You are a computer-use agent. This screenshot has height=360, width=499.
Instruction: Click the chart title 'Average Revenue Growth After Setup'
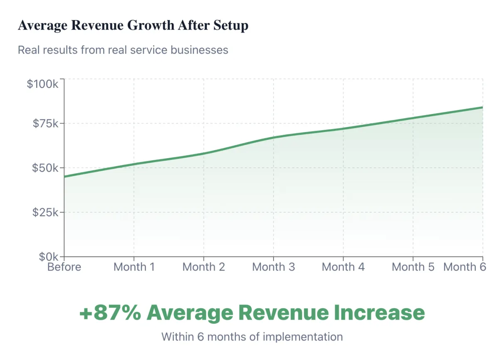click(x=133, y=25)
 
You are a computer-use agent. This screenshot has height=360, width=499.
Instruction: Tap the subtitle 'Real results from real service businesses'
click(x=123, y=50)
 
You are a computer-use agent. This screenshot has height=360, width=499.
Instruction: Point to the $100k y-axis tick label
click(x=43, y=84)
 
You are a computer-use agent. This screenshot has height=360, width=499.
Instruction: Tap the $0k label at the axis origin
click(x=49, y=256)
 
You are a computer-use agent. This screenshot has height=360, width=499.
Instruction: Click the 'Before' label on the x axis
click(x=64, y=267)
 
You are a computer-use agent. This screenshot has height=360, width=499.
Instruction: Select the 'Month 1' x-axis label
click(x=134, y=267)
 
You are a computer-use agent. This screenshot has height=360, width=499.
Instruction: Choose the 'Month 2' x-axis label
click(x=204, y=267)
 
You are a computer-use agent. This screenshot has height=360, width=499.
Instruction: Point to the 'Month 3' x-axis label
click(x=274, y=267)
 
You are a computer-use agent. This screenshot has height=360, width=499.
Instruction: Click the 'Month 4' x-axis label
click(x=343, y=267)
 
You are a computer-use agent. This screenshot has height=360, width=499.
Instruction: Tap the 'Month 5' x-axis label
click(x=413, y=267)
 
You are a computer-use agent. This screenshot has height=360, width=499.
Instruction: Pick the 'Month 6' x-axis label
click(x=464, y=267)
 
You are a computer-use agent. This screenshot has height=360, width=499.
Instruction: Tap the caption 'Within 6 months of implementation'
click(x=252, y=336)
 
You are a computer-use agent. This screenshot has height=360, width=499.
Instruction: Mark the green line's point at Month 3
click(x=274, y=137)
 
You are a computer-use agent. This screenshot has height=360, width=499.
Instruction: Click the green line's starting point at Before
click(x=65, y=176)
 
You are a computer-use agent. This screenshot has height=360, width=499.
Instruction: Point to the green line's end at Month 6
click(x=482, y=107)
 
